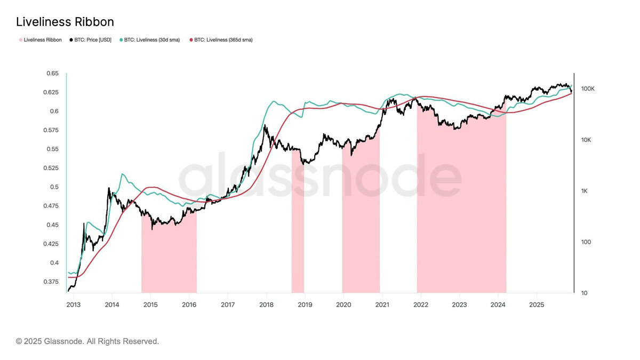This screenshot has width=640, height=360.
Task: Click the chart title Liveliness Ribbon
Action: [65, 22]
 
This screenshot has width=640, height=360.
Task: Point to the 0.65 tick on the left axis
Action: [52, 73]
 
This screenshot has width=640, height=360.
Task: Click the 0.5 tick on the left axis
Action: [54, 187]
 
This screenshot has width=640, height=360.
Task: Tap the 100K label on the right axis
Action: [587, 89]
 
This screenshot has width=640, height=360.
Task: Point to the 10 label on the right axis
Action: [583, 293]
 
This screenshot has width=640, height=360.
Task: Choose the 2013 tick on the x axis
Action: [74, 305]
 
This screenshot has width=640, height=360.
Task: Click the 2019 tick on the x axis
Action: [305, 305]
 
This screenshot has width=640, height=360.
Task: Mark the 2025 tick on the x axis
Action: [536, 305]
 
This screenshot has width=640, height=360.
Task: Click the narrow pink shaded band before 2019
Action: [298, 224]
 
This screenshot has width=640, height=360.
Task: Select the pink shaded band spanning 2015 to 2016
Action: [169, 256]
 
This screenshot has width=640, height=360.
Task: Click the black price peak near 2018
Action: [265, 126]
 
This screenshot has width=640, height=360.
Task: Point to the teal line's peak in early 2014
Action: [123, 174]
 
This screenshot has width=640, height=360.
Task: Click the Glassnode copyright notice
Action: [87, 341]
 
